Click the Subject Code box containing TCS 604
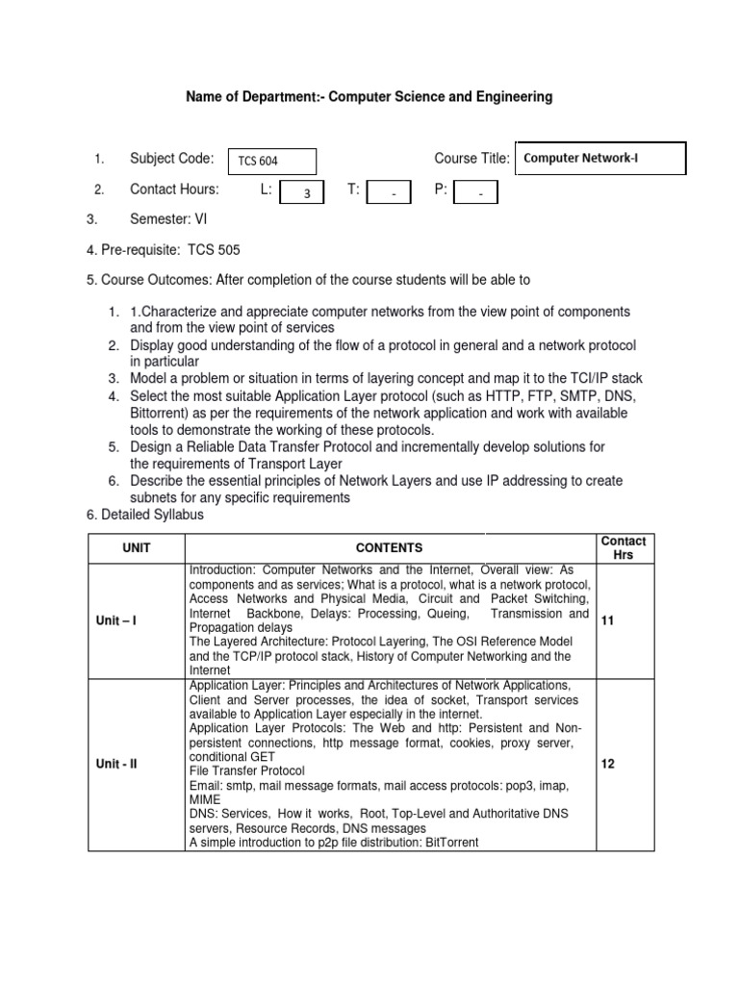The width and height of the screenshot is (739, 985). pyautogui.click(x=270, y=162)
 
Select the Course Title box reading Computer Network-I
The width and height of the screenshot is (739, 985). pyautogui.click(x=600, y=159)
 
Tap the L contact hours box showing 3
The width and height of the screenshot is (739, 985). pyautogui.click(x=307, y=193)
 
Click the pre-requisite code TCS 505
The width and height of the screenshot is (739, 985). pyautogui.click(x=216, y=250)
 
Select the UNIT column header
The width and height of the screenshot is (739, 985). pyautogui.click(x=137, y=547)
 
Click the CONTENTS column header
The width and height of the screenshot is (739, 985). pyautogui.click(x=389, y=547)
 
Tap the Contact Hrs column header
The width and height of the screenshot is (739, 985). pyautogui.click(x=623, y=547)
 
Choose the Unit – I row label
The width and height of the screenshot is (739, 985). pyautogui.click(x=116, y=620)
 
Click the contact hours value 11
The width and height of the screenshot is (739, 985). pyautogui.click(x=607, y=621)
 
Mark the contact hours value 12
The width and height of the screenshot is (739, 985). pyautogui.click(x=607, y=764)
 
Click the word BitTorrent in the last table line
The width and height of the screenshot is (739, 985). pyautogui.click(x=446, y=842)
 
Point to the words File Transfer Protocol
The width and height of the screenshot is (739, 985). pyautogui.click(x=247, y=771)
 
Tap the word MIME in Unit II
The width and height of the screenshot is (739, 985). pyautogui.click(x=205, y=799)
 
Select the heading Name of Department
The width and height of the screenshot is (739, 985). pyautogui.click(x=369, y=97)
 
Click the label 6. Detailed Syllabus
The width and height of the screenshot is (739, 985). pyautogui.click(x=145, y=516)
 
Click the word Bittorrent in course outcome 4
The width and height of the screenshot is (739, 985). pyautogui.click(x=162, y=413)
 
